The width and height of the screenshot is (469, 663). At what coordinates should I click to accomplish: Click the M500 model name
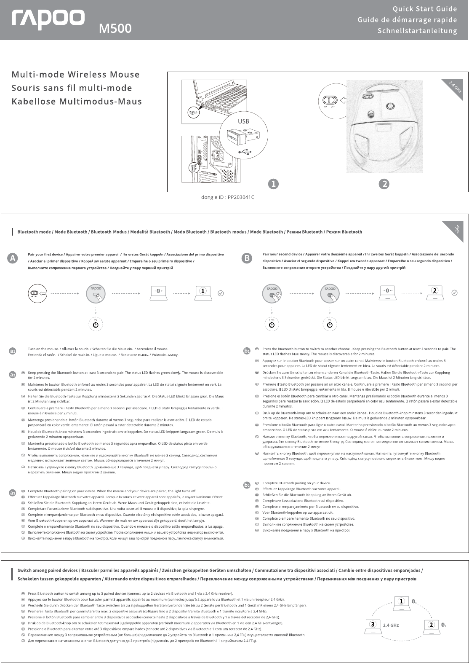(x=115, y=28)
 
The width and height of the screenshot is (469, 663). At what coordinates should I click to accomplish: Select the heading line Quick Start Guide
(x=425, y=9)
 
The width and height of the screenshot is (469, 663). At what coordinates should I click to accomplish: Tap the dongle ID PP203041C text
(x=228, y=197)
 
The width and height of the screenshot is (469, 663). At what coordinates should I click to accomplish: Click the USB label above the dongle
(x=243, y=121)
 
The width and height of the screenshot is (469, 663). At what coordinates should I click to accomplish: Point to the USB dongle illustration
(x=237, y=136)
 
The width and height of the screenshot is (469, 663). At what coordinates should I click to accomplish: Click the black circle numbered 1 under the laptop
(x=273, y=184)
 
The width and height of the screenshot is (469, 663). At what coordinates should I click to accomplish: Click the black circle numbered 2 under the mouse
(x=384, y=184)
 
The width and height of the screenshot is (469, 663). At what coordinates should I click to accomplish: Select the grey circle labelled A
(x=14, y=258)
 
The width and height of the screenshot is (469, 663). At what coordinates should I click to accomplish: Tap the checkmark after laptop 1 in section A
(x=221, y=293)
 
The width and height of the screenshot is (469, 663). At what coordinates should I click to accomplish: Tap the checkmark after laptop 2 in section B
(x=454, y=293)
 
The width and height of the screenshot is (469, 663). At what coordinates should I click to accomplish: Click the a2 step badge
(x=13, y=374)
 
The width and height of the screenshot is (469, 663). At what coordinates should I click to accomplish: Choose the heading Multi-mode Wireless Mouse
(x=75, y=75)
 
